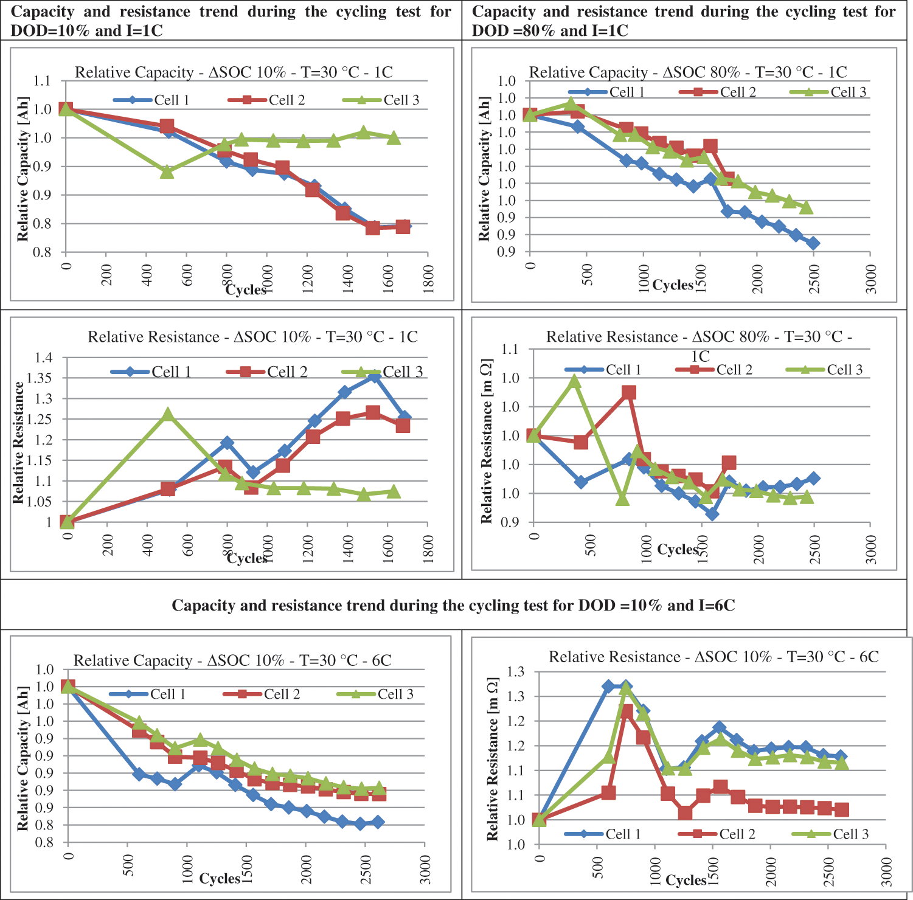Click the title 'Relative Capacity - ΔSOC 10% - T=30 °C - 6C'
[232, 660]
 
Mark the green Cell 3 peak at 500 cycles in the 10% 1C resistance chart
[167, 415]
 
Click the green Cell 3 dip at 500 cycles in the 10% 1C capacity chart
[167, 172]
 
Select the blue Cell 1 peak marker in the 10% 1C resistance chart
[374, 377]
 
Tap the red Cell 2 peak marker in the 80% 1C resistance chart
[629, 392]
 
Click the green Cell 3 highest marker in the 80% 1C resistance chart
[574, 381]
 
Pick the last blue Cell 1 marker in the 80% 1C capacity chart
[813, 243]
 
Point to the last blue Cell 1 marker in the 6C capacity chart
[378, 822]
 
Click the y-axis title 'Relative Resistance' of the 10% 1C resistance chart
[18, 442]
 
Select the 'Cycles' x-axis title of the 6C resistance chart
[686, 880]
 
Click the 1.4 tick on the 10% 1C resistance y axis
[44, 358]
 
